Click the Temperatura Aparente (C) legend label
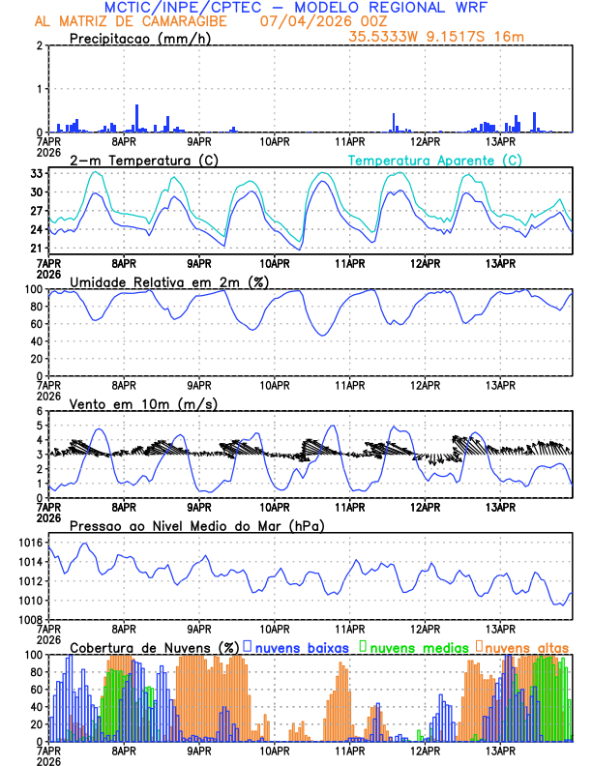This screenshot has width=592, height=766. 434,160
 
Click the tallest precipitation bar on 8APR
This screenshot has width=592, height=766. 137,118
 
